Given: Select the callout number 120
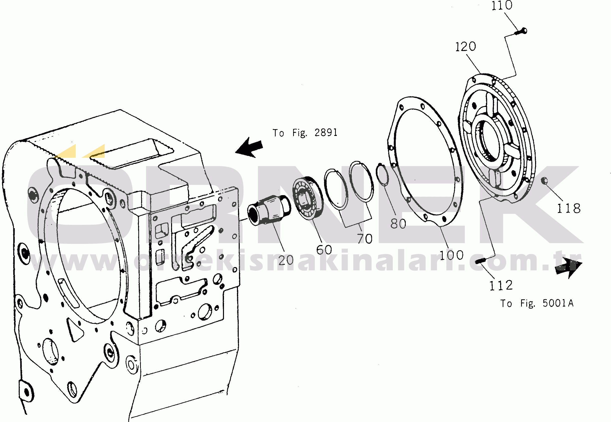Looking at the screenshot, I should [465, 47].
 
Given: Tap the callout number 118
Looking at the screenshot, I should [569, 208].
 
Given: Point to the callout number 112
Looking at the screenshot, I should [501, 286].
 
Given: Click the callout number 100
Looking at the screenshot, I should [451, 255].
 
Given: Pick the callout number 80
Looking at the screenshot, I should [398, 224].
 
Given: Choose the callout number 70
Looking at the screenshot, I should [365, 239].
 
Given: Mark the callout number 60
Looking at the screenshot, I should [324, 250].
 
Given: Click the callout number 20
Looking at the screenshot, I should [286, 260].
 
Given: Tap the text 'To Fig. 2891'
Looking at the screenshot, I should [305, 133].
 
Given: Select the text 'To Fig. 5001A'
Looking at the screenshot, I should [537, 303].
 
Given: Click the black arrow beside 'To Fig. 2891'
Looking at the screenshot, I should [249, 148].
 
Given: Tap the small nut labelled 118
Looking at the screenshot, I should [544, 181].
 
